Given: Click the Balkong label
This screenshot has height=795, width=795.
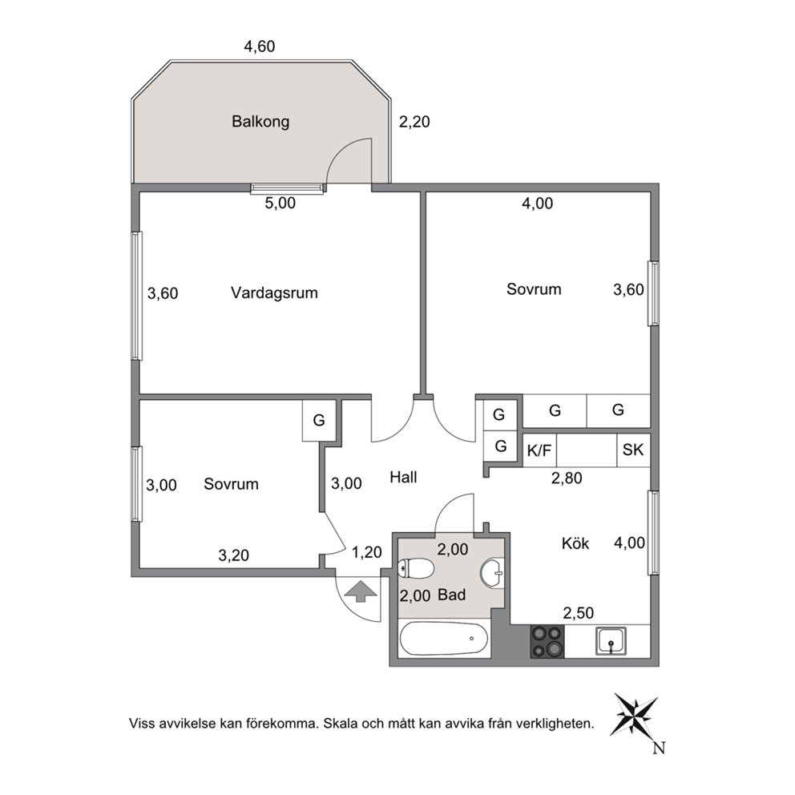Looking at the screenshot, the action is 260,122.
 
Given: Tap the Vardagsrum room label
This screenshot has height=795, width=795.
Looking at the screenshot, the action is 274,293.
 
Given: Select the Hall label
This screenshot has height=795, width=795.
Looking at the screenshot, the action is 403,477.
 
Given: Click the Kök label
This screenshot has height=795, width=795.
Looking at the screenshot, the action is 575,543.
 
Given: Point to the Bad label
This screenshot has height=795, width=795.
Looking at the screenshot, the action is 451,595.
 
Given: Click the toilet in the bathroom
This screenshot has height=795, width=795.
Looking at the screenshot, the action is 416,569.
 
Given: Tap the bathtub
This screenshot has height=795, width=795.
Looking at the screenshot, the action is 444,639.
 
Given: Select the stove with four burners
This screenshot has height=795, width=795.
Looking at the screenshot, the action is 547,641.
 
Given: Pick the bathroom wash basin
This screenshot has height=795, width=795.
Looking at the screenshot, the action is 492,574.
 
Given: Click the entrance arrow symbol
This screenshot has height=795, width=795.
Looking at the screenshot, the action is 360,591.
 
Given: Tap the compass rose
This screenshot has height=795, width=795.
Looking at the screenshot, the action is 636,715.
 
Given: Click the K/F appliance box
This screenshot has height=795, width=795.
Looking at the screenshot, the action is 539,450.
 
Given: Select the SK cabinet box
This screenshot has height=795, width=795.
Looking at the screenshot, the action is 633,450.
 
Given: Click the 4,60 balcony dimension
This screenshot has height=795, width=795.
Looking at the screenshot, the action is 260,46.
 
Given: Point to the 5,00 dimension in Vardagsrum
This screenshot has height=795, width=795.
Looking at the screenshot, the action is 280,204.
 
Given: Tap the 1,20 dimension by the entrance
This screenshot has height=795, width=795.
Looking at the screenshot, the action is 366,552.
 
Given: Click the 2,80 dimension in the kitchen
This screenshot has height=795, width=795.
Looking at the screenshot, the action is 567,478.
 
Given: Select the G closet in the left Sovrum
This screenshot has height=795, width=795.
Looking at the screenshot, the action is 319,420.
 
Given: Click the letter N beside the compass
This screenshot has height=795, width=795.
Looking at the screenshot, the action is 659,748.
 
